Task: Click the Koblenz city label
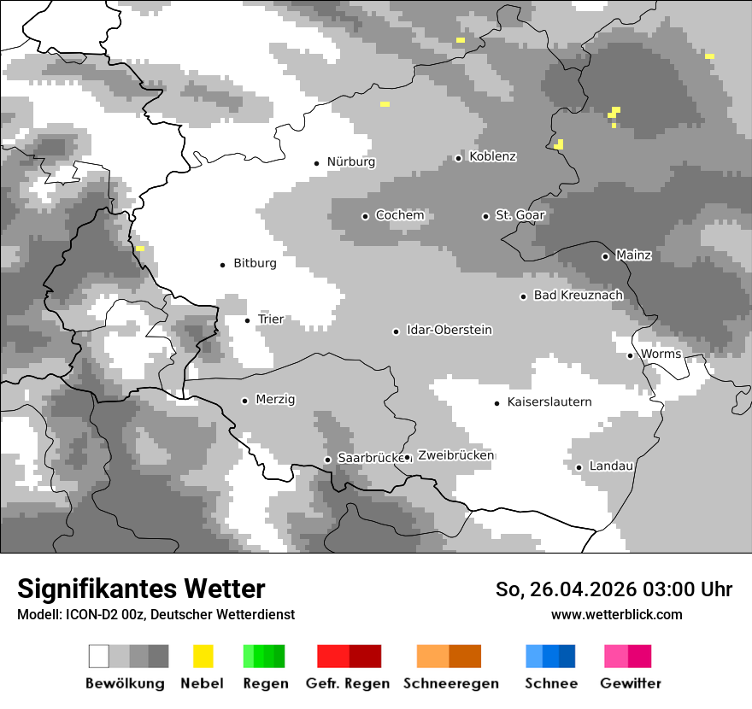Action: point(492,156)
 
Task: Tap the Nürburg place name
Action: point(350,161)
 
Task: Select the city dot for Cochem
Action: point(365,216)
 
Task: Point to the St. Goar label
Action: point(520,215)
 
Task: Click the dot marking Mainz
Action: point(605,256)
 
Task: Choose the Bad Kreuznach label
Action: point(578,295)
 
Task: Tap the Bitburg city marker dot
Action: point(222,265)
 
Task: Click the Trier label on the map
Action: point(270,319)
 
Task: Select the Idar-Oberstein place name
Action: point(449,330)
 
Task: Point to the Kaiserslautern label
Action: point(549,401)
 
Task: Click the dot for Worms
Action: point(630,355)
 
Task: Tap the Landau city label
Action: point(611,466)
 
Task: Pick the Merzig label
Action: point(275,399)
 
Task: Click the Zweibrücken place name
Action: point(455,455)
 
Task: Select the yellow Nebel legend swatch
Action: point(203,656)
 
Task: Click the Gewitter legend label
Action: point(631,683)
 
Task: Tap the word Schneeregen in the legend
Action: point(451,683)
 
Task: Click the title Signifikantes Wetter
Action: point(141,589)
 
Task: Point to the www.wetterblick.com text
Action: point(616,614)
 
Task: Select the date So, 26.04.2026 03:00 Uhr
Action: point(614,589)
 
